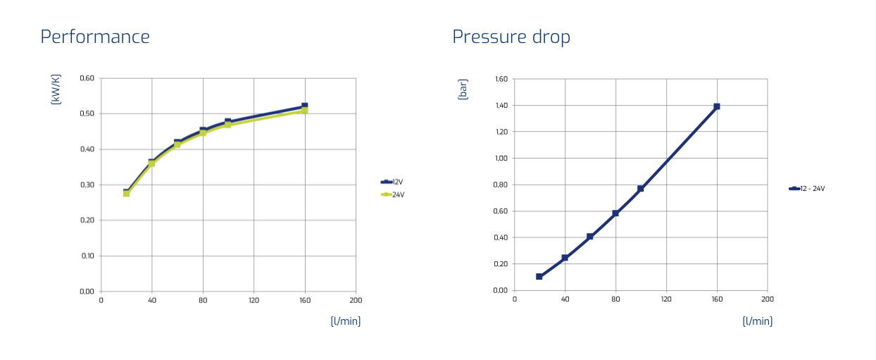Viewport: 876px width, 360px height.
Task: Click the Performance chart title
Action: pyautogui.click(x=95, y=37)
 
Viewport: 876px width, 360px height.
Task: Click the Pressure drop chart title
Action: pyautogui.click(x=511, y=37)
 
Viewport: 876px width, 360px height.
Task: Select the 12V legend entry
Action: pyautogui.click(x=392, y=182)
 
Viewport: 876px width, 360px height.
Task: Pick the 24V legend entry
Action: pyautogui.click(x=393, y=194)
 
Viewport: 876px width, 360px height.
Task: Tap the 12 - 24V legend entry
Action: pyautogui.click(x=807, y=189)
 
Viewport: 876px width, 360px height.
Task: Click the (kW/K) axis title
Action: pyautogui.click(x=56, y=89)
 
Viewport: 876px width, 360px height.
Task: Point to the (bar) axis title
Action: pyautogui.click(x=463, y=89)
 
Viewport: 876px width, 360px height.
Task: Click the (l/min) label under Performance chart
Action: pyautogui.click(x=346, y=321)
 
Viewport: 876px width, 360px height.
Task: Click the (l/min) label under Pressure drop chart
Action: pyautogui.click(x=758, y=321)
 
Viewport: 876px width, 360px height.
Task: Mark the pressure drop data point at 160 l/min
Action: pyautogui.click(x=717, y=106)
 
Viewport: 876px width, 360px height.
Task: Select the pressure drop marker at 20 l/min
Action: pyautogui.click(x=539, y=277)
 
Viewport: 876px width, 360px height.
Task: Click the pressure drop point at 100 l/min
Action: pyautogui.click(x=641, y=189)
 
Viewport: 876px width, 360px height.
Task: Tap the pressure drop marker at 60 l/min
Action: pyautogui.click(x=590, y=236)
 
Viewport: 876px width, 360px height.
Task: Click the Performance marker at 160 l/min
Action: pyautogui.click(x=305, y=108)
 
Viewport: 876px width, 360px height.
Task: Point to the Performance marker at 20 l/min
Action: pyautogui.click(x=126, y=192)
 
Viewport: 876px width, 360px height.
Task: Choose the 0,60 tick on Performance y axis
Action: pyautogui.click(x=87, y=78)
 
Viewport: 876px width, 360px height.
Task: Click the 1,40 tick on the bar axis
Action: pyautogui.click(x=501, y=105)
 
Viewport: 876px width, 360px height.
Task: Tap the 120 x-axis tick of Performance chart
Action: pyautogui.click(x=254, y=301)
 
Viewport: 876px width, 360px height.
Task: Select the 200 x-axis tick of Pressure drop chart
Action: pyautogui.click(x=768, y=299)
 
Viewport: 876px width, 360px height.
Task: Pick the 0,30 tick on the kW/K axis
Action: pyautogui.click(x=87, y=185)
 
